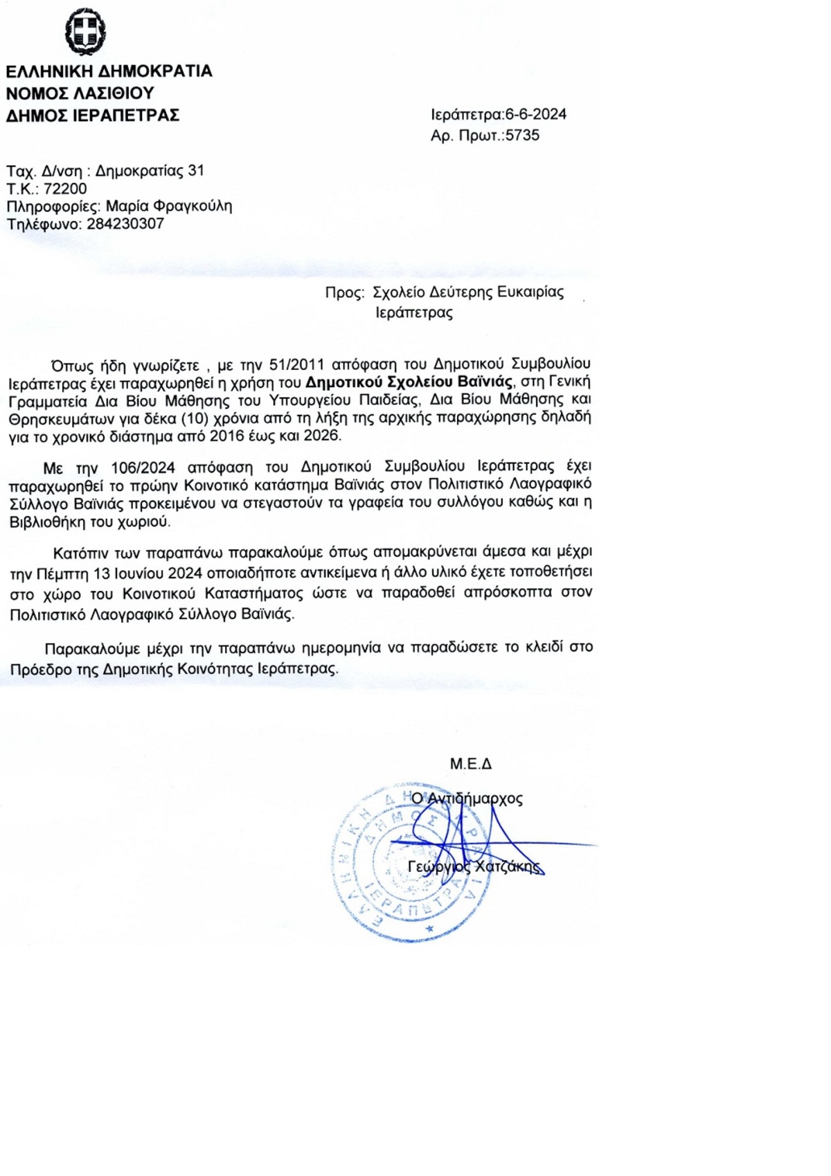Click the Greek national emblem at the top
[x=85, y=32]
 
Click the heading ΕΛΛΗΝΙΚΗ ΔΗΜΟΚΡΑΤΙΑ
[x=109, y=71]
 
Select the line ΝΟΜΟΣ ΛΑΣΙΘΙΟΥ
[x=80, y=93]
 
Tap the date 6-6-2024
[x=535, y=114]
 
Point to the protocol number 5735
[x=522, y=135]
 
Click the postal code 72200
[x=65, y=188]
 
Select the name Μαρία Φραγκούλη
[x=169, y=206]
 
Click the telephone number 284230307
[x=125, y=224]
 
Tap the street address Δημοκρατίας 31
[x=150, y=170]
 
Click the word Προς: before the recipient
[x=344, y=292]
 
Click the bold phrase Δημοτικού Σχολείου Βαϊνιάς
[x=409, y=382]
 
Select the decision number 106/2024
[x=143, y=467]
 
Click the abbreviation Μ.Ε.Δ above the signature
[x=470, y=764]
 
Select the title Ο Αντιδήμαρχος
[x=467, y=799]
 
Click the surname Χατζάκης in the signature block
[x=508, y=866]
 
